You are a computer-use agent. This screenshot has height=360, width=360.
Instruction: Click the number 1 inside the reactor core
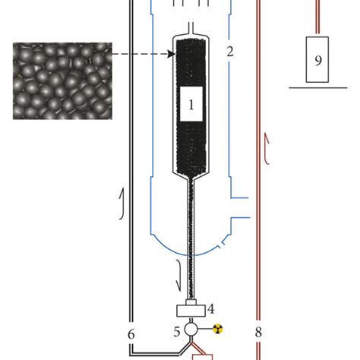click(191, 107)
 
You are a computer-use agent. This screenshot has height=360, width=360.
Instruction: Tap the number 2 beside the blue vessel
click(230, 52)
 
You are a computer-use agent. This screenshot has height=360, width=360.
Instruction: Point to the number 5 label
click(176, 331)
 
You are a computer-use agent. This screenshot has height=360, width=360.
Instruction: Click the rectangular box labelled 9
click(317, 58)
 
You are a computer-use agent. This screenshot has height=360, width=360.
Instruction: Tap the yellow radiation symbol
click(219, 329)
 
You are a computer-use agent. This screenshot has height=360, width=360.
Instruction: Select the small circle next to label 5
click(191, 329)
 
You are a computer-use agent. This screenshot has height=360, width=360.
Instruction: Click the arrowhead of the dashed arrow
click(171, 53)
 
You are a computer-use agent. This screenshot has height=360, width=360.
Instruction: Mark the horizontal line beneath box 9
click(319, 88)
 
